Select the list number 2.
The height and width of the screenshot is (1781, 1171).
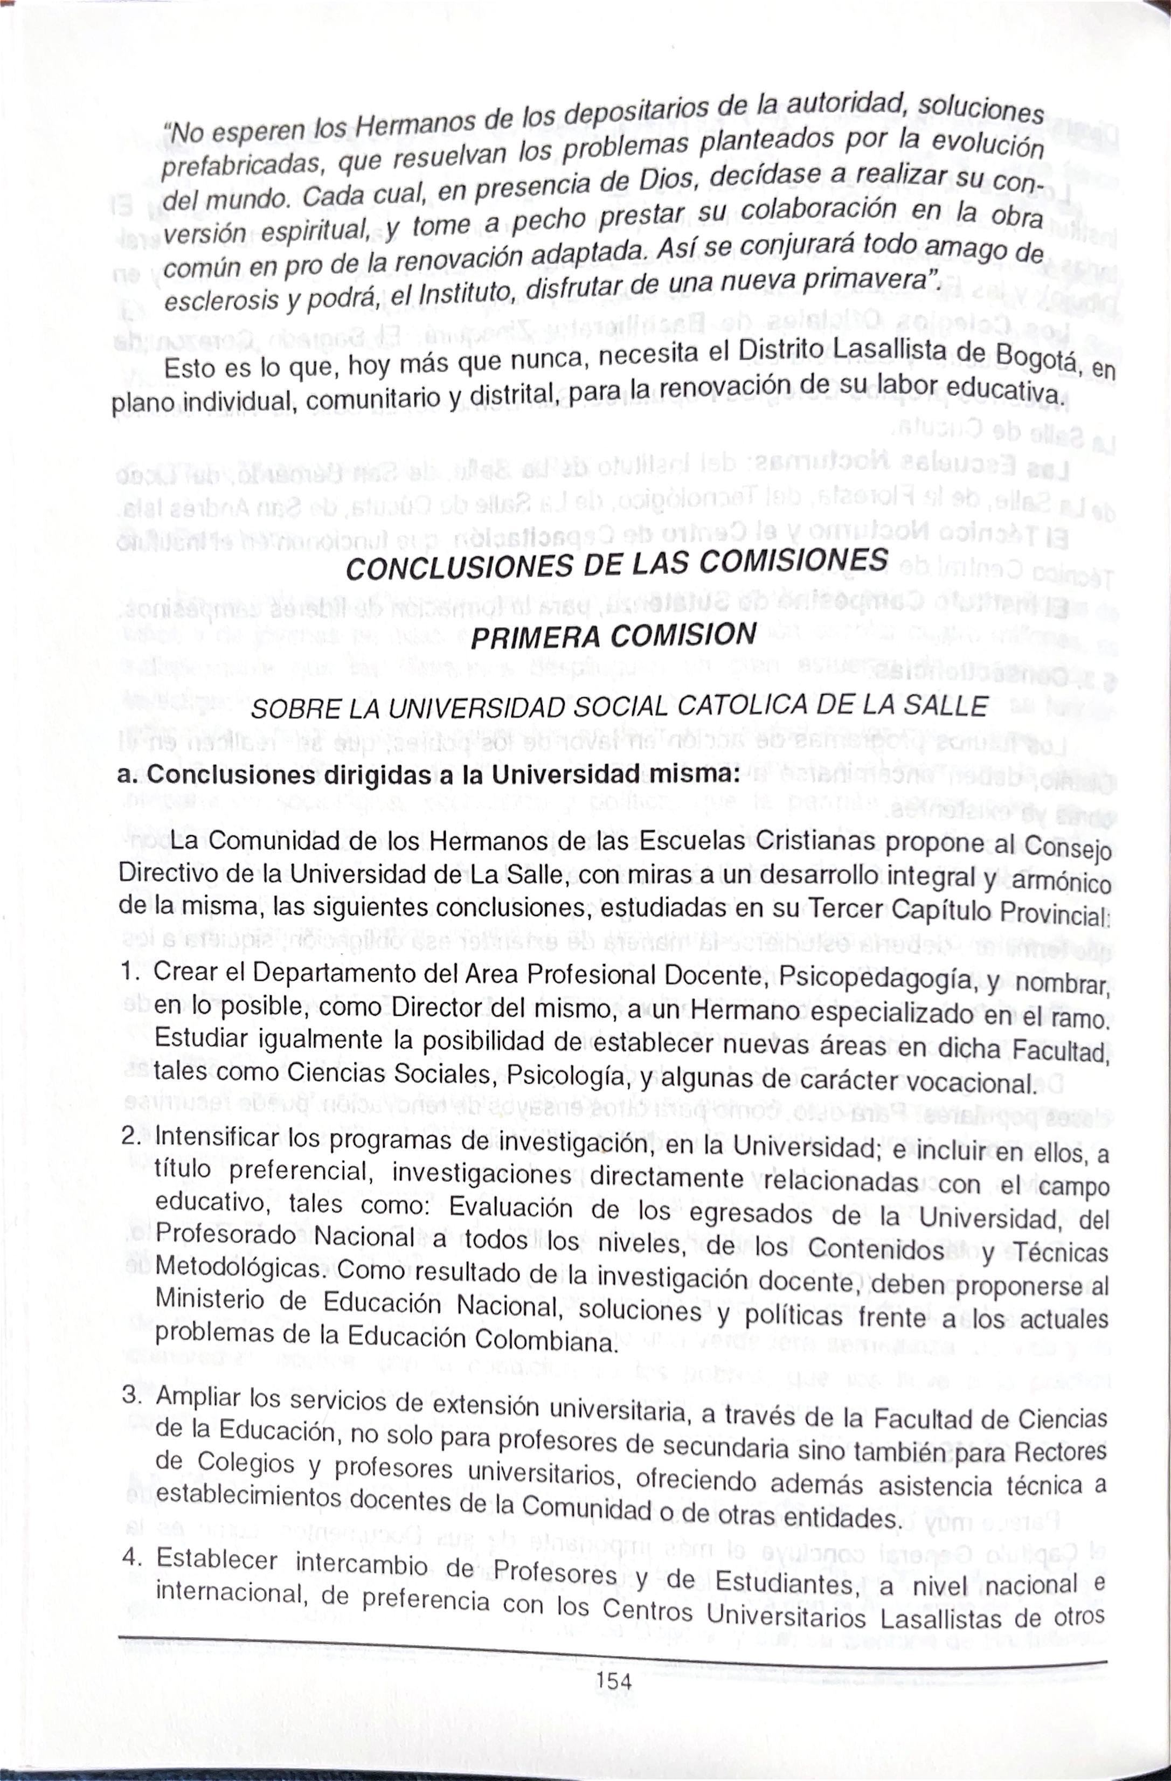pos(130,1136)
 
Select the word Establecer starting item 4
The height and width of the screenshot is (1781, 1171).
pos(217,1560)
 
